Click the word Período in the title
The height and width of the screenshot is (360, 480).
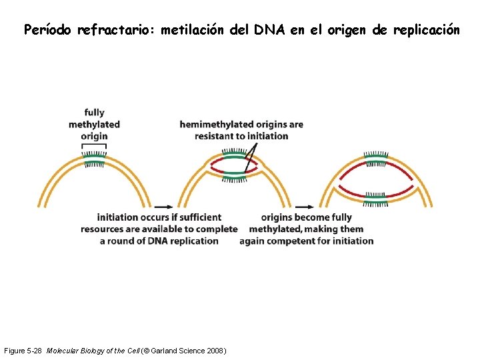(x=47, y=30)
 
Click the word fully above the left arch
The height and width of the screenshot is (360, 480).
(x=95, y=113)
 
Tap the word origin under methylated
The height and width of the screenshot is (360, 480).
(x=94, y=136)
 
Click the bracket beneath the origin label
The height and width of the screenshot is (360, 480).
(x=94, y=145)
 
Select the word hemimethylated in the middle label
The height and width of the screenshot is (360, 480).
(x=217, y=124)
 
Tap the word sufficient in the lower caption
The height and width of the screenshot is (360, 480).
(x=197, y=217)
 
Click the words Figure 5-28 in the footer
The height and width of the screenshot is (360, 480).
(x=23, y=351)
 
